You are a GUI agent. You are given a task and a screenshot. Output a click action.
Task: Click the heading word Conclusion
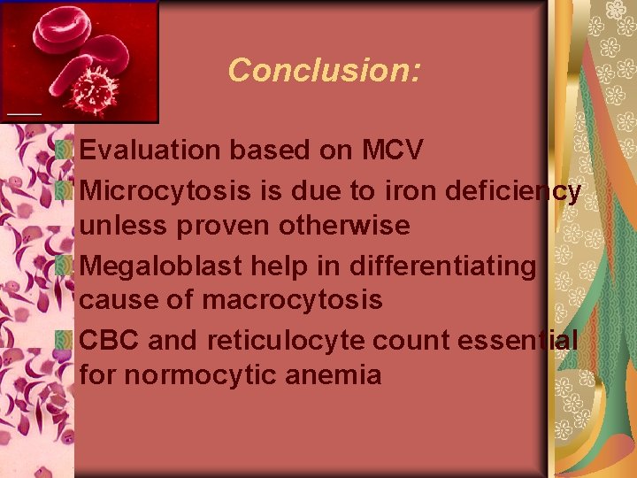(x=323, y=70)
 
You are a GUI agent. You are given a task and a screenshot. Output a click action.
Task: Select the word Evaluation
(x=151, y=150)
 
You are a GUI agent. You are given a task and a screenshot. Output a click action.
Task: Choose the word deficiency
(x=514, y=190)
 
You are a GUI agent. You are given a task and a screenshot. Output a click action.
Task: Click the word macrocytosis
(x=293, y=300)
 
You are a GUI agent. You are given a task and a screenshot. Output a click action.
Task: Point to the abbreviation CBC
(x=110, y=340)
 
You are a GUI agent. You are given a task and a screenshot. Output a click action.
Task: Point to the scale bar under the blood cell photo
(x=24, y=114)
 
